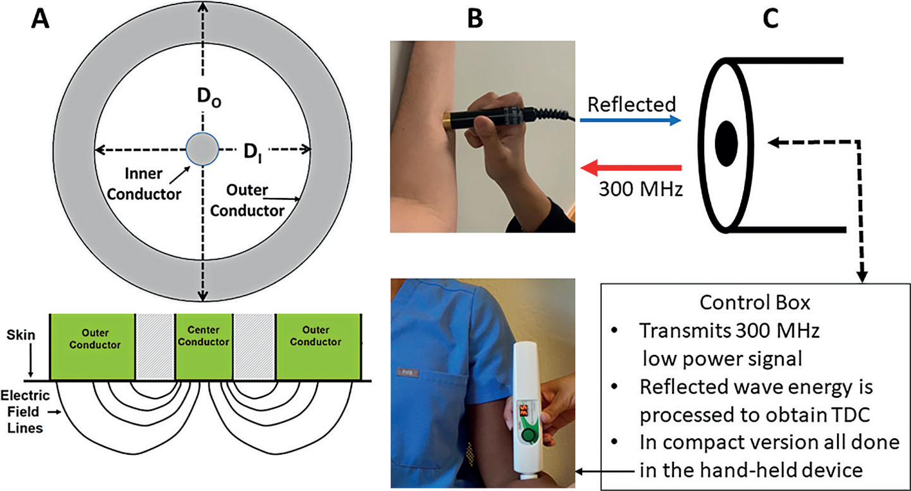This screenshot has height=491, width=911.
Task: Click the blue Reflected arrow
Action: pyautogui.click(x=630, y=120)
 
